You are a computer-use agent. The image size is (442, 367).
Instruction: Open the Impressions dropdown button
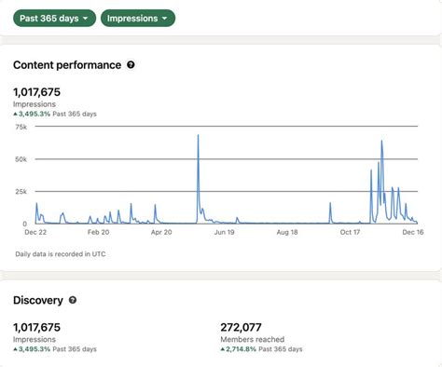[x=138, y=18]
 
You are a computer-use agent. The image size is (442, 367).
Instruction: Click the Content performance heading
[x=67, y=65]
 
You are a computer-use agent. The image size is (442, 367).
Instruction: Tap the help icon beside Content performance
[x=131, y=65]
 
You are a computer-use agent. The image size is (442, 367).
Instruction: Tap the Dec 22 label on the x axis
[x=35, y=233]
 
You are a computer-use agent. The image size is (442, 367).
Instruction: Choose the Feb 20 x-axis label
[x=98, y=233]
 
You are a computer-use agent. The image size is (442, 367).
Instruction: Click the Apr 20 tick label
[x=162, y=233]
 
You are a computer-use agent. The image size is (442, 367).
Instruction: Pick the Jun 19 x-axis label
[x=226, y=233]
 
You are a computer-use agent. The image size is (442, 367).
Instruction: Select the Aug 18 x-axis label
[x=288, y=233]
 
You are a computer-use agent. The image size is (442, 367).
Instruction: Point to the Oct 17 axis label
[x=352, y=233]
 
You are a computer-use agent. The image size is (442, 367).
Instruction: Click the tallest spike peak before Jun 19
[x=199, y=136]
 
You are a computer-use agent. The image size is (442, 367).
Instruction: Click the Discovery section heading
[x=38, y=300]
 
